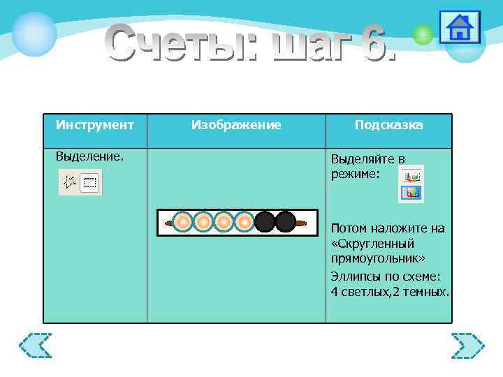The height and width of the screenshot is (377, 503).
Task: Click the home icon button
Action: (460, 28)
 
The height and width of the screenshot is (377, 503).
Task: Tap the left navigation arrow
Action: (36, 345)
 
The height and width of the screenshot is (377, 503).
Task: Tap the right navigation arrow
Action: (467, 345)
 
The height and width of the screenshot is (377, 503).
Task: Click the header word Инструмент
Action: (95, 125)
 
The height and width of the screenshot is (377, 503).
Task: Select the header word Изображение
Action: (236, 125)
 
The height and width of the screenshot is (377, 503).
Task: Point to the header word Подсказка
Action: (388, 125)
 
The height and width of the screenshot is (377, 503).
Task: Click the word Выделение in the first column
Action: (89, 156)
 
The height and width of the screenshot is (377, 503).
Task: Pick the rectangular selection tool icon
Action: (90, 184)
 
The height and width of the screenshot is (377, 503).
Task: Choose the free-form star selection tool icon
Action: (70, 183)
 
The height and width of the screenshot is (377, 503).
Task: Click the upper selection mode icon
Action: (412, 175)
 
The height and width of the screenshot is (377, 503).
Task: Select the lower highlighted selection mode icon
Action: (412, 193)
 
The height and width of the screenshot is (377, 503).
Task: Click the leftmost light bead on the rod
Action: (182, 222)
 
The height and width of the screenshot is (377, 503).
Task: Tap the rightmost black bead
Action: (285, 222)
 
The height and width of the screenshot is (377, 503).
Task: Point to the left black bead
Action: (265, 222)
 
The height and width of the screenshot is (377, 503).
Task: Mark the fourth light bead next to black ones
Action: (244, 222)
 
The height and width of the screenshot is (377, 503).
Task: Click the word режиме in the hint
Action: (356, 174)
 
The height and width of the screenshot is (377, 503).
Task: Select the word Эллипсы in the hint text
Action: (358, 275)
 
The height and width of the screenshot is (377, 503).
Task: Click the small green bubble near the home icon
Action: (423, 35)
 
